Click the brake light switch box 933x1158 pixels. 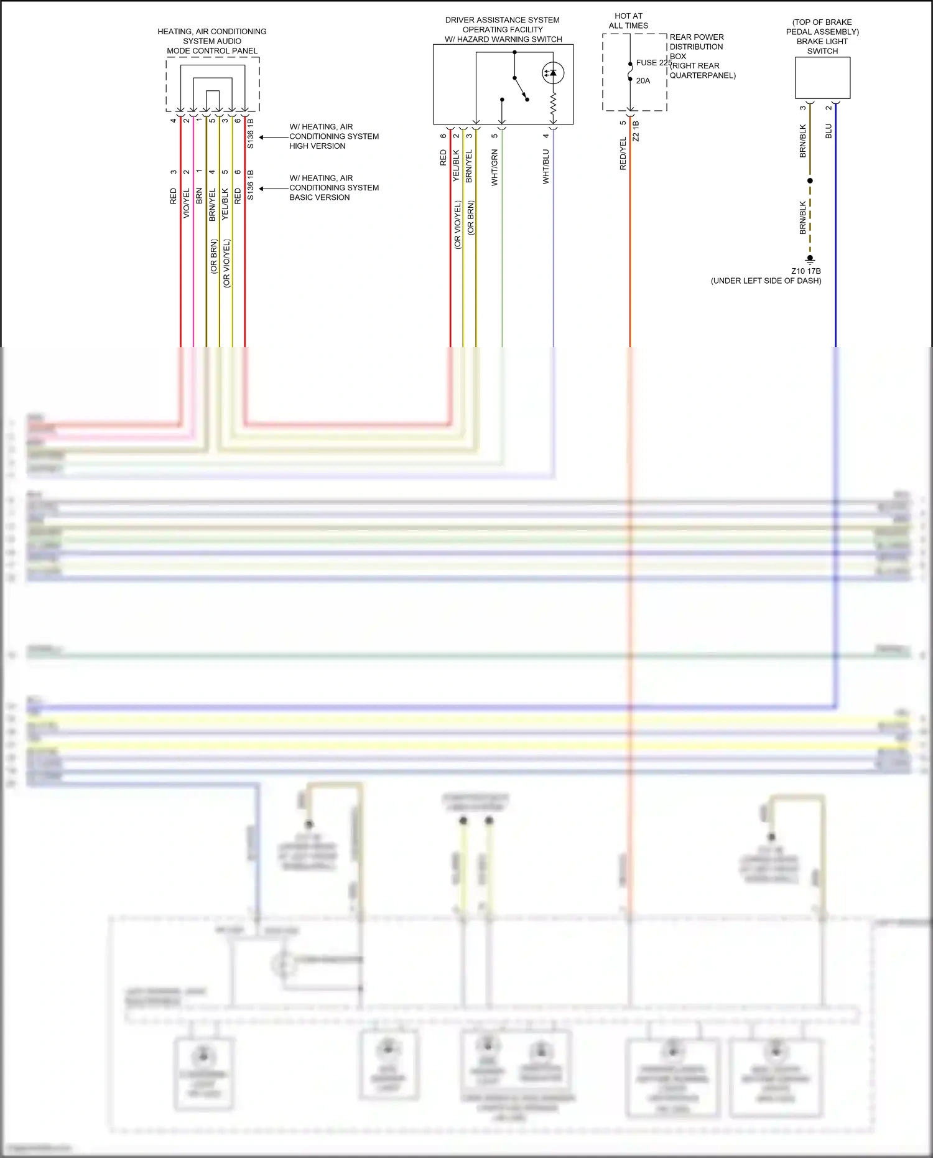tap(822, 78)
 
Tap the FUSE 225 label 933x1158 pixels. tap(654, 63)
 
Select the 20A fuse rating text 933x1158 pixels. tap(643, 81)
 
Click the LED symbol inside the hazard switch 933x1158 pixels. tap(552, 73)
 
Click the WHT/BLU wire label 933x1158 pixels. tap(546, 166)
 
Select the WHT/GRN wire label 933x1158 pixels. tap(495, 167)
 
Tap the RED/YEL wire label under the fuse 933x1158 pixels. tap(623, 154)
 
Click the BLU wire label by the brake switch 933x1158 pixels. tap(829, 131)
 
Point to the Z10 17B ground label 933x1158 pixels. tap(805, 271)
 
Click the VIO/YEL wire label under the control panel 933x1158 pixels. tap(187, 203)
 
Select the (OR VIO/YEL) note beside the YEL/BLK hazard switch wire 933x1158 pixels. tap(458, 225)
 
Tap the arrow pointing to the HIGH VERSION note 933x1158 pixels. tap(264, 137)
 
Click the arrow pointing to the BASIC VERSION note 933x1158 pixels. tap(264, 188)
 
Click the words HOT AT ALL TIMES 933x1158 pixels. tap(628, 21)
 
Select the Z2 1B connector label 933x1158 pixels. tap(636, 131)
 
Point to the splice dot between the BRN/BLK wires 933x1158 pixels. tap(810, 180)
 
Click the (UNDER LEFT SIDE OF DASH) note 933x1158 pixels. tap(766, 281)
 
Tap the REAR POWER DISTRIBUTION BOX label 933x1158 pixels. tap(696, 47)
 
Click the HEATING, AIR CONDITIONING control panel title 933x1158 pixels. tap(212, 41)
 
